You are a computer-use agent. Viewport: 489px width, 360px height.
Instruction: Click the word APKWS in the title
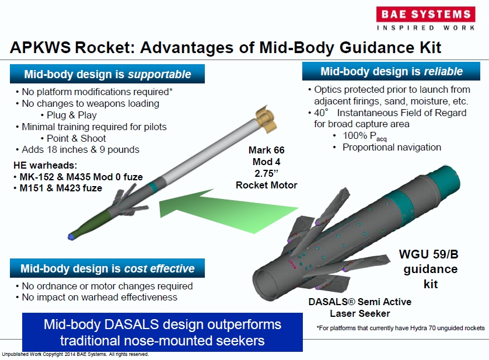(x=40, y=48)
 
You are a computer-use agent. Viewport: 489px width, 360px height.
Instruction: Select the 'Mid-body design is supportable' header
(x=107, y=74)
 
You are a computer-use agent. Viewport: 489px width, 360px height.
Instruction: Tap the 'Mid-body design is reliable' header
(x=391, y=71)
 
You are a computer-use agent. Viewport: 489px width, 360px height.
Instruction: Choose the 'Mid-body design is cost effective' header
(x=107, y=268)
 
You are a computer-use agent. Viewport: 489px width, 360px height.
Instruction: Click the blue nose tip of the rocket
(x=71, y=237)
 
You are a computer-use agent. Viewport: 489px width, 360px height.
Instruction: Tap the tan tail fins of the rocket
(x=266, y=120)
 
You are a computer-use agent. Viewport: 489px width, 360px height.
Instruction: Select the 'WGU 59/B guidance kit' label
(x=429, y=269)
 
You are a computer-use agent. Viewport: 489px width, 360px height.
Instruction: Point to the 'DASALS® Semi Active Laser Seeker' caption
(x=360, y=307)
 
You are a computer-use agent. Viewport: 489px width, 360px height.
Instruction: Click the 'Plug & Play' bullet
(x=71, y=115)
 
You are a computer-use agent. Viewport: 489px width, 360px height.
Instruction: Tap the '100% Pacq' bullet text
(x=365, y=136)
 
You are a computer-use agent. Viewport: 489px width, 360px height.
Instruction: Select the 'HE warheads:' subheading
(x=45, y=165)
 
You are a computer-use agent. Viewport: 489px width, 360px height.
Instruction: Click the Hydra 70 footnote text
(x=400, y=328)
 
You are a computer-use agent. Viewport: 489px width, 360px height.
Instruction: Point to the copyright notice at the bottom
(x=75, y=354)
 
